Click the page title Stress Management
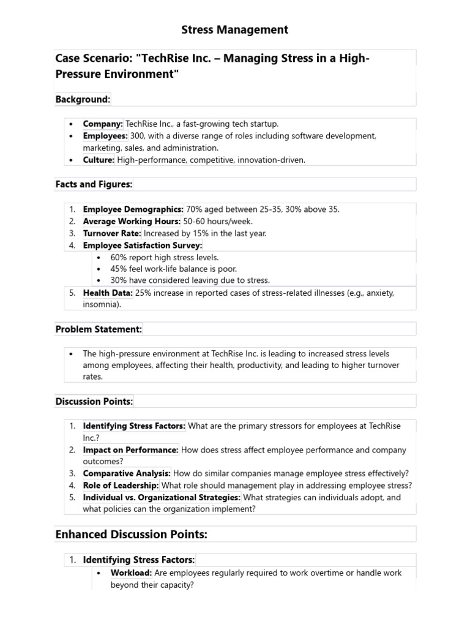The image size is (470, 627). [x=235, y=29]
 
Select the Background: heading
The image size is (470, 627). [x=83, y=99]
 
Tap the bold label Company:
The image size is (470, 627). [x=103, y=124]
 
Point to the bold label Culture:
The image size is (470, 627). [x=99, y=160]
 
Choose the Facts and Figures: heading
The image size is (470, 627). [x=94, y=184]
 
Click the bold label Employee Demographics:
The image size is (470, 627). [x=133, y=209]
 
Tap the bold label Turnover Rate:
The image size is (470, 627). [x=112, y=233]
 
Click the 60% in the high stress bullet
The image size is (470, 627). [x=119, y=257]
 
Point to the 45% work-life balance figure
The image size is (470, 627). [x=119, y=269]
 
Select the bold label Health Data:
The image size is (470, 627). [x=108, y=293]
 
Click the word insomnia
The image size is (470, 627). [x=100, y=304]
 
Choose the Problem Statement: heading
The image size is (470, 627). [x=99, y=329]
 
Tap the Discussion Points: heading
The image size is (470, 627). [x=94, y=401]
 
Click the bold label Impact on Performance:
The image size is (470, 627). [x=131, y=450]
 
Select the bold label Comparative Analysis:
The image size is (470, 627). [x=127, y=473]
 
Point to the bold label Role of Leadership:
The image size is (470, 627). [x=121, y=486]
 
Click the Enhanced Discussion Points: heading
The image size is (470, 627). [x=132, y=534]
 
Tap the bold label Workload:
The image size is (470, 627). [x=131, y=573]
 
